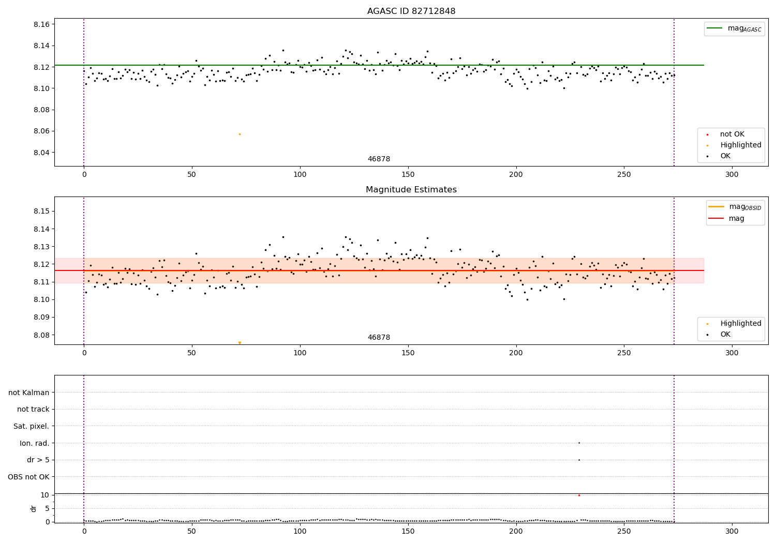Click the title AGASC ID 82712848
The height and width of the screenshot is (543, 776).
(x=411, y=11)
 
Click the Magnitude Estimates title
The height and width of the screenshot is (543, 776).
(x=411, y=190)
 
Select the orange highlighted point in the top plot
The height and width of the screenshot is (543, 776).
(x=240, y=134)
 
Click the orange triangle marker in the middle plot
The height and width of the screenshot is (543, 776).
(x=240, y=343)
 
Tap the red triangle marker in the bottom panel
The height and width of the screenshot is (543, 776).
(x=579, y=495)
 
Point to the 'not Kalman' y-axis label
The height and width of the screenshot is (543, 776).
(x=29, y=393)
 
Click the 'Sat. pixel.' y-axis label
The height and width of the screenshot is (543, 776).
(x=32, y=426)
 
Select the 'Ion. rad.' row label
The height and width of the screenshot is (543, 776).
(x=35, y=443)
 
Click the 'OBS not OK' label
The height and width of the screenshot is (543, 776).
(x=29, y=477)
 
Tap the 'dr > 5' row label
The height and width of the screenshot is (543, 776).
(x=38, y=460)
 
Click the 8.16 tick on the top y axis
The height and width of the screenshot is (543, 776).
(x=42, y=24)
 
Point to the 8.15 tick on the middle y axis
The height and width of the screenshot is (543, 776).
(x=42, y=211)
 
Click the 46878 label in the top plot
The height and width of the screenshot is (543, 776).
(x=379, y=159)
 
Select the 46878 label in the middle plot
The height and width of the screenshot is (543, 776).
(x=379, y=338)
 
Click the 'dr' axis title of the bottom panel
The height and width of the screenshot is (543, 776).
(x=34, y=508)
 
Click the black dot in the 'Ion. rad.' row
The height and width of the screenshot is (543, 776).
(x=579, y=443)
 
